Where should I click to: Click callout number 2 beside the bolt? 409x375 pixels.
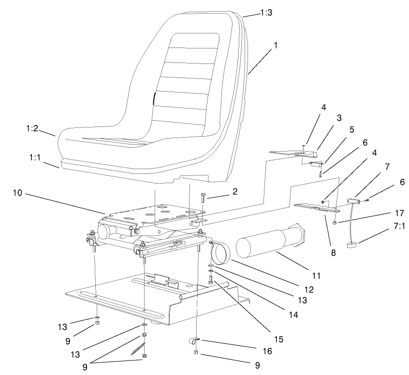[x=234, y=192]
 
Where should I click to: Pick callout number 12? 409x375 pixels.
[x=309, y=290]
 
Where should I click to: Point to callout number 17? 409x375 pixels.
[x=385, y=213]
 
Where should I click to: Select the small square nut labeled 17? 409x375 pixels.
[x=335, y=223]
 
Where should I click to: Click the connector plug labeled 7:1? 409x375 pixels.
[x=352, y=245]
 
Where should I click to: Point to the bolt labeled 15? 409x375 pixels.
[x=211, y=280]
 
